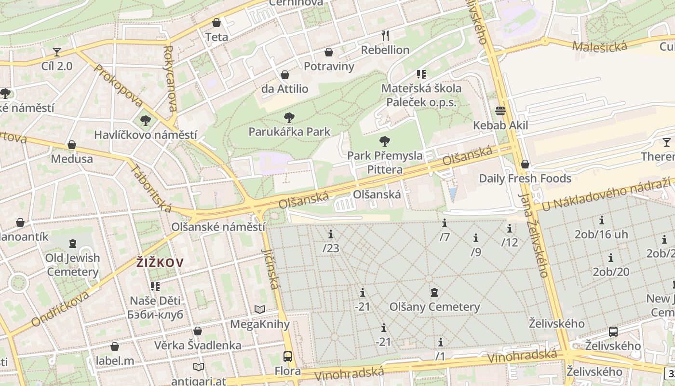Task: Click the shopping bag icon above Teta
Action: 216,23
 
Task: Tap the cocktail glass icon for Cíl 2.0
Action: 57,52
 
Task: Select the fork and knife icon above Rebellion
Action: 385,35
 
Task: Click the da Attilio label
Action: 284,89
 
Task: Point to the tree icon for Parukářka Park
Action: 289,117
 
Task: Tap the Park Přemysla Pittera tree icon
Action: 384,141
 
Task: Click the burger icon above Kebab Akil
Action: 500,111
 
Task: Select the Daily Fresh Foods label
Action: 525,179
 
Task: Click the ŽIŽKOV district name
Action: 160,263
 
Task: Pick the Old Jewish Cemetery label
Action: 73,265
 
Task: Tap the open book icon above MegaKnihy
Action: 260,310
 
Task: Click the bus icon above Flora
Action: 288,357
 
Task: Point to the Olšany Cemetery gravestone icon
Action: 434,292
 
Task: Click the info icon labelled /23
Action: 331,234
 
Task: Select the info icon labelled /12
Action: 510,228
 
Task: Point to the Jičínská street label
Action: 270,269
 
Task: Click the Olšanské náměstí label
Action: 218,227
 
